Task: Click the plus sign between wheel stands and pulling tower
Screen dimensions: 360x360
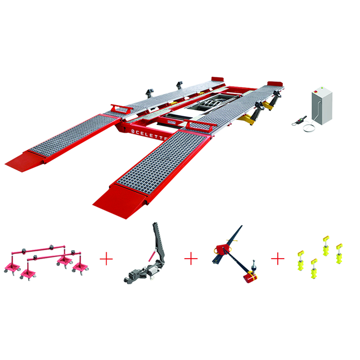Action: [107, 259]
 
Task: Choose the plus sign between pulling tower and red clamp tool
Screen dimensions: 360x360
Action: [191, 259]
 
